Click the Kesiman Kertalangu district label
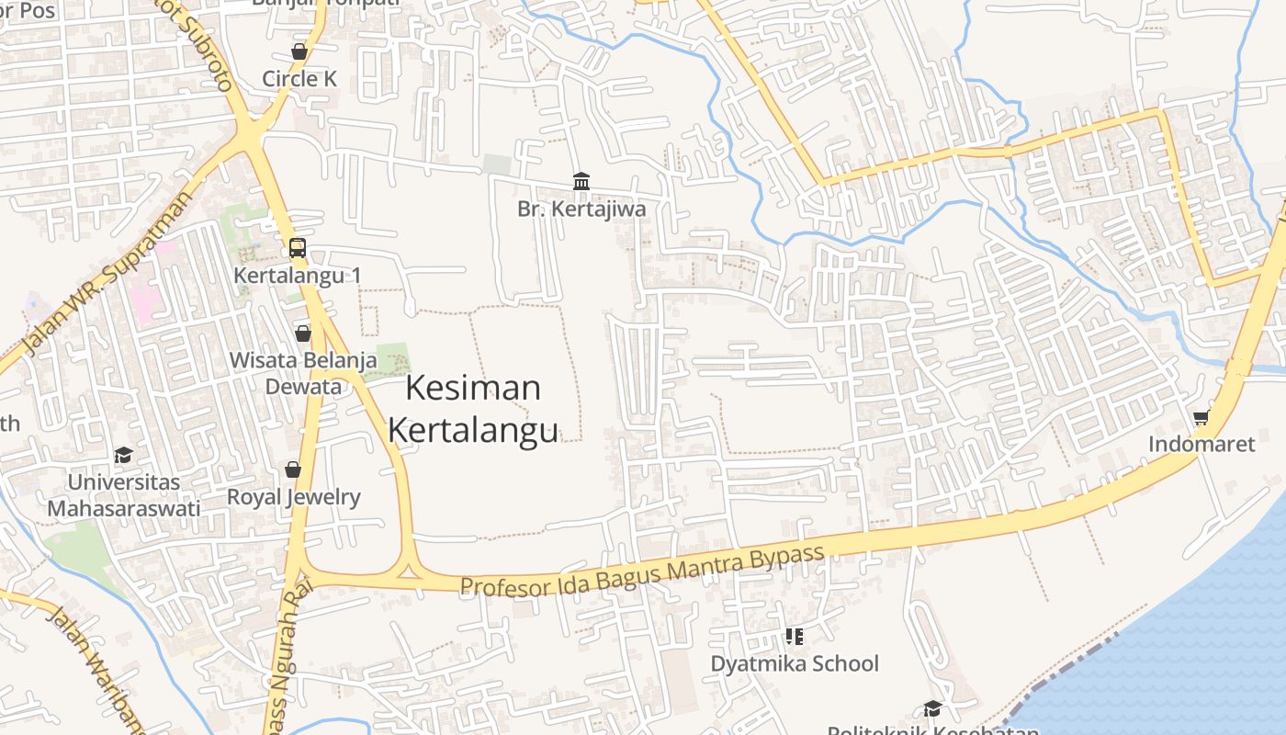473,409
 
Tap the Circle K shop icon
299,51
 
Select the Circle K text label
299,79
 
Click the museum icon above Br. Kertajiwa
581,181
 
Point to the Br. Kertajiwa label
581,209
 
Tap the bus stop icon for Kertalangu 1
298,247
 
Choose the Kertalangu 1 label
298,276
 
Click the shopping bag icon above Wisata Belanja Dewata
303,333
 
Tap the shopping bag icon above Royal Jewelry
293,469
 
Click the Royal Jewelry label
294,498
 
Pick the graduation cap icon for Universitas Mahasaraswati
123,455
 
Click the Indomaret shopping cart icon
1201,418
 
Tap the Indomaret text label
1201,445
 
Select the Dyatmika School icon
795,636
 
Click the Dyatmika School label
795,663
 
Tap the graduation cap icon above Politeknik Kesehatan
933,708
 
